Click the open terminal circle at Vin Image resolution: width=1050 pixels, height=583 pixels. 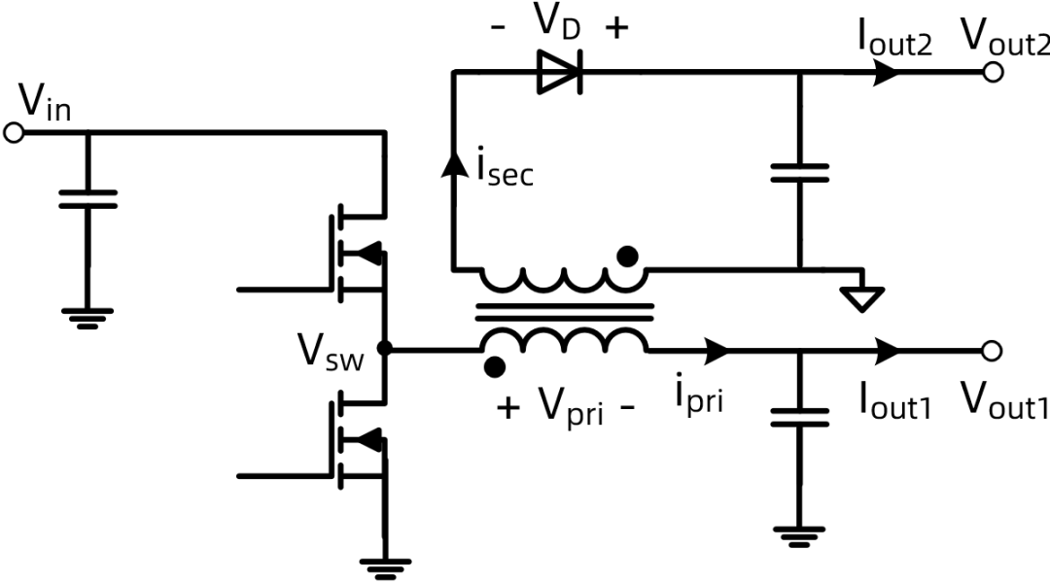[x=13, y=133]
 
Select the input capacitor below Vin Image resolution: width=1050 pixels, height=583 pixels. [x=87, y=198]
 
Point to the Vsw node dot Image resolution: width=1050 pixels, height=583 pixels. [x=386, y=349]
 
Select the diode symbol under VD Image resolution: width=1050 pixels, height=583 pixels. [x=560, y=73]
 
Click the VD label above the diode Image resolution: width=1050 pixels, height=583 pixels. [x=560, y=24]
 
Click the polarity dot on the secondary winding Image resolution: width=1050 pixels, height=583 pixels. [x=629, y=257]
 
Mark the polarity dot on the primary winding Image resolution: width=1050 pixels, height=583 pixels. [x=495, y=366]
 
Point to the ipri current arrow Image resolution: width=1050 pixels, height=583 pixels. [x=717, y=349]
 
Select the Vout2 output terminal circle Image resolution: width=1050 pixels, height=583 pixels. [x=993, y=73]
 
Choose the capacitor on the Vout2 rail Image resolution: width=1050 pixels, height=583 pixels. [x=799, y=173]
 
